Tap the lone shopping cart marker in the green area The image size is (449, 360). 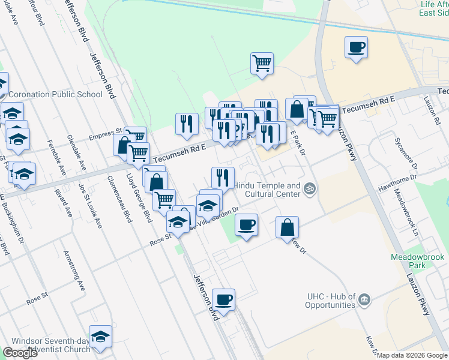(262, 64)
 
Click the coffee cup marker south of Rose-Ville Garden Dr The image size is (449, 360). (246, 226)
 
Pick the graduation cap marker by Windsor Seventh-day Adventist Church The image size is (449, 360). (100, 337)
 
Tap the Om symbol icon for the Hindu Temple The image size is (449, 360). (310, 189)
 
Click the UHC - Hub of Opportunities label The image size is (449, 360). (331, 301)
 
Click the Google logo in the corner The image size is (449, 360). (20, 353)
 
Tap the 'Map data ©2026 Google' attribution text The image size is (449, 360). (412, 355)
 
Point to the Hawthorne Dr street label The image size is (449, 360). (397, 184)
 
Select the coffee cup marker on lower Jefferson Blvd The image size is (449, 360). (223, 300)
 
